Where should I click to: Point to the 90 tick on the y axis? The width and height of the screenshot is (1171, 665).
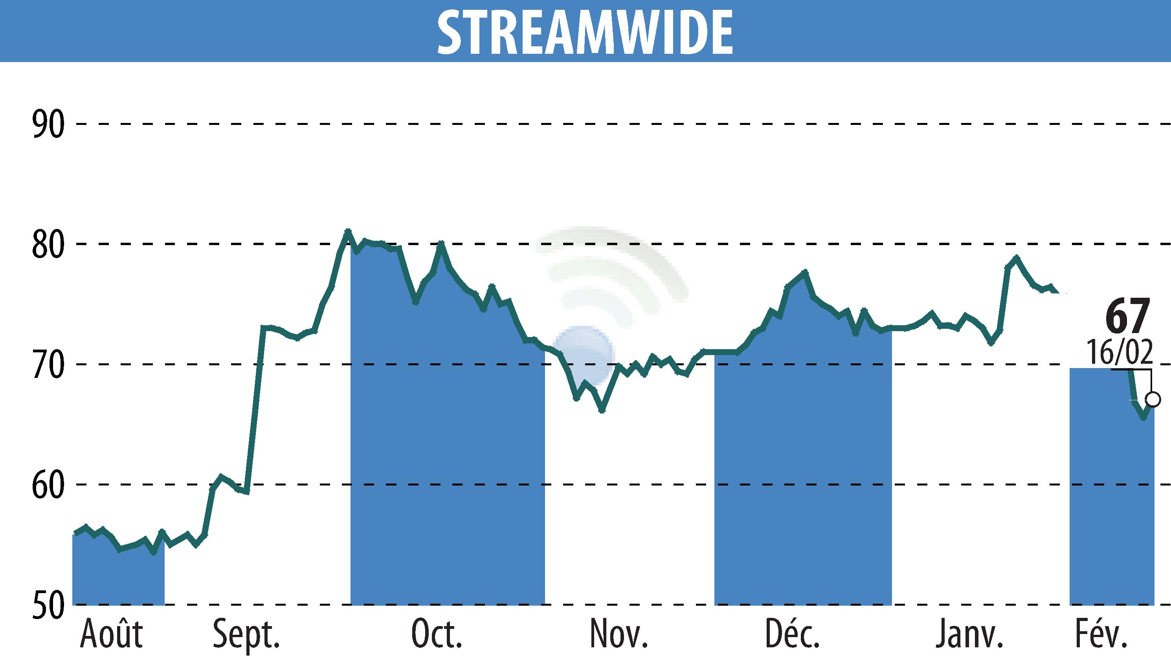tap(48, 124)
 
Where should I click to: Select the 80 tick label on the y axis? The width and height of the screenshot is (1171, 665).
tap(48, 245)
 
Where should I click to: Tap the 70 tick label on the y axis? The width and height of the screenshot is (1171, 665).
tap(48, 365)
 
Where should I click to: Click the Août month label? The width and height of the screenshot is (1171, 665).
tap(111, 634)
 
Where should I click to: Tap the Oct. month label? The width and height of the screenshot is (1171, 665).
tap(437, 634)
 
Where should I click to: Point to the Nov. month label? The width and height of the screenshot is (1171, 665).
tap(619, 634)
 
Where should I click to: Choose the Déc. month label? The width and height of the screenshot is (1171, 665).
tap(793, 634)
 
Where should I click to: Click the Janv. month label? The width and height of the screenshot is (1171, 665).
tap(969, 634)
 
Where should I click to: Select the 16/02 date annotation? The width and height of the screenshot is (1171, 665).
tap(1120, 352)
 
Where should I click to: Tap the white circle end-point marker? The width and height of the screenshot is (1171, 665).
tap(1153, 399)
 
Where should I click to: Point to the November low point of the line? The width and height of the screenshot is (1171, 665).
tap(602, 410)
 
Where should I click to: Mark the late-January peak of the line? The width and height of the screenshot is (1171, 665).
tap(1016, 258)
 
